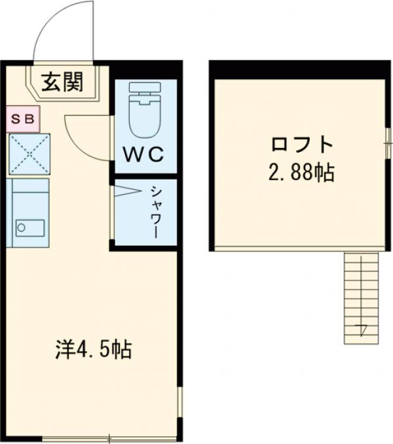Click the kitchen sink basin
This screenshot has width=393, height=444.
(30, 228)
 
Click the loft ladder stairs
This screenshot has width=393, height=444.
(360, 298)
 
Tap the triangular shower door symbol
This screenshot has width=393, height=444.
(127, 193)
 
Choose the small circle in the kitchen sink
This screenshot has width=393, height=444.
(21, 228)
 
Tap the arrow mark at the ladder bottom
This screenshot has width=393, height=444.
(361, 329)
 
